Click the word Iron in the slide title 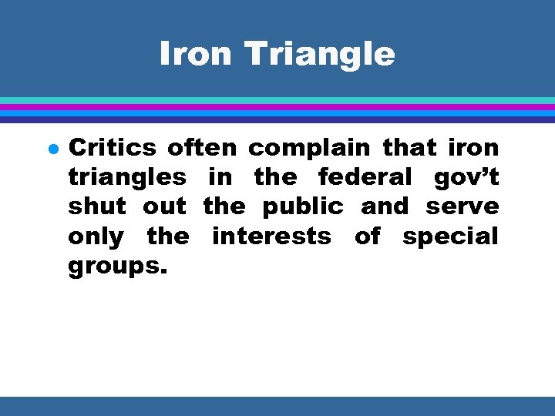pyautogui.click(x=195, y=54)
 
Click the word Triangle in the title pyautogui.click(x=319, y=54)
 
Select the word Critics pyautogui.click(x=113, y=147)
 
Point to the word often pyautogui.click(x=203, y=147)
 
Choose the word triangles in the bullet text pyautogui.click(x=127, y=178)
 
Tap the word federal pyautogui.click(x=365, y=177)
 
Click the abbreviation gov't pyautogui.click(x=466, y=178)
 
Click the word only pyautogui.click(x=96, y=237)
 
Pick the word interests pyautogui.click(x=272, y=236)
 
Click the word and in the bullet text pyautogui.click(x=385, y=206)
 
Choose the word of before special pyautogui.click(x=367, y=236)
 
